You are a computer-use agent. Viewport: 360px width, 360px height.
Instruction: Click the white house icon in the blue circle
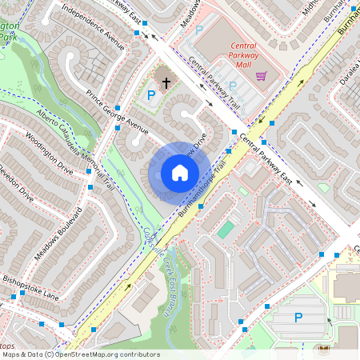[179, 172]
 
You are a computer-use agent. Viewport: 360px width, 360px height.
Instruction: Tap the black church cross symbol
[166, 81]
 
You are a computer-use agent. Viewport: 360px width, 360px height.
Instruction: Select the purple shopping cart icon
[261, 77]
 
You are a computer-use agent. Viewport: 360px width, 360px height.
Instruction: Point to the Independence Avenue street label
[93, 26]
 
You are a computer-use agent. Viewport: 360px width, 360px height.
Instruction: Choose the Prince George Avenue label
[118, 114]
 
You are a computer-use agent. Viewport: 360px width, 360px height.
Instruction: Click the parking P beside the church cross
[151, 95]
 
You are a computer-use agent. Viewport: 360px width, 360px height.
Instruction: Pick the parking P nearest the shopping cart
[233, 85]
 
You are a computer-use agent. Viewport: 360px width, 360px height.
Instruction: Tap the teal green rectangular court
[226, 230]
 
